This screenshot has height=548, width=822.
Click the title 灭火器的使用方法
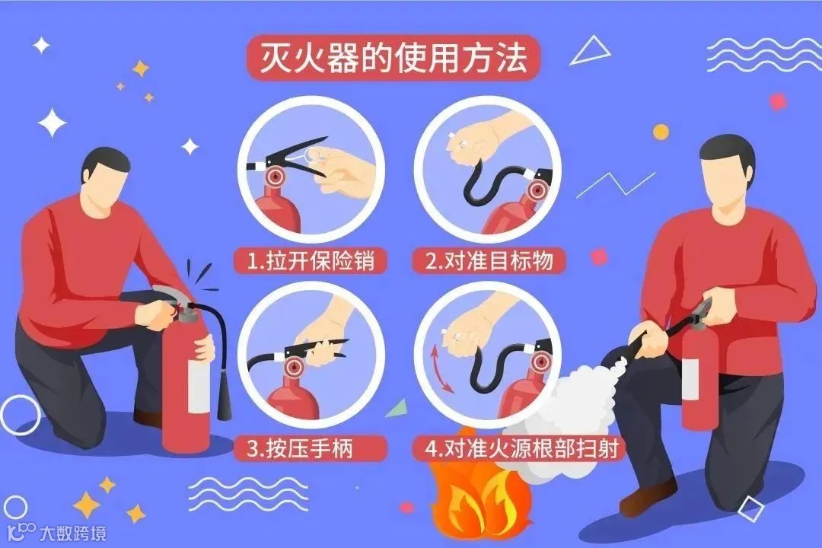coord(393,58)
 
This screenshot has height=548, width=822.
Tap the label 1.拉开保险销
coord(311,260)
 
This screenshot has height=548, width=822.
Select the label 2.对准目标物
coord(489,260)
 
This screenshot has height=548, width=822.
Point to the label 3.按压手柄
coord(300,449)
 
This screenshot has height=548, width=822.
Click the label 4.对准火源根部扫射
coord(522,449)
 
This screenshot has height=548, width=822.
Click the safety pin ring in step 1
coord(313,155)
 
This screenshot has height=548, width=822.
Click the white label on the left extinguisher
coord(199,386)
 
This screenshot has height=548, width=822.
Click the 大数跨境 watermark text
coord(73,534)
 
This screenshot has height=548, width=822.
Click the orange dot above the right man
coord(661,132)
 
